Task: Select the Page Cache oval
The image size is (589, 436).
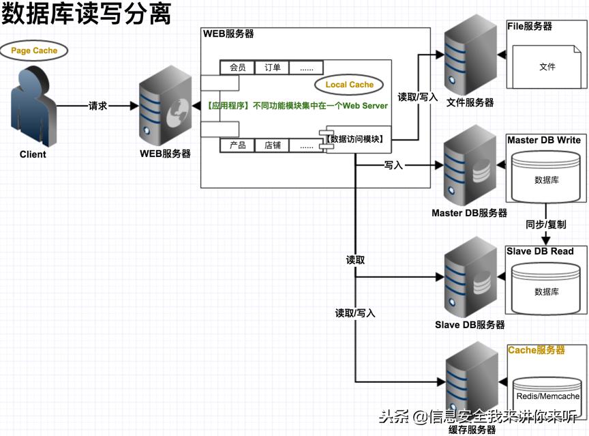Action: pyautogui.click(x=34, y=50)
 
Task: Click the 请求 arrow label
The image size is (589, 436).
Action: pyautogui.click(x=98, y=106)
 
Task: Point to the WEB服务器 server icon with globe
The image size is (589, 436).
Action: pyautogui.click(x=164, y=108)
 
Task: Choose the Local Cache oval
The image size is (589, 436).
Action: pyautogui.click(x=349, y=85)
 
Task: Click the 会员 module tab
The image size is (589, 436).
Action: pyautogui.click(x=237, y=68)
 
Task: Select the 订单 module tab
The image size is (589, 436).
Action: pyautogui.click(x=272, y=68)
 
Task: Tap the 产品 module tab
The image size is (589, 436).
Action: pyautogui.click(x=237, y=145)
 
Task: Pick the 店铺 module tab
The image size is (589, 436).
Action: pyautogui.click(x=272, y=145)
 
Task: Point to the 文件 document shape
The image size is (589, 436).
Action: pyautogui.click(x=547, y=66)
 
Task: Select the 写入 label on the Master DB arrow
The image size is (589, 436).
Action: pyautogui.click(x=394, y=165)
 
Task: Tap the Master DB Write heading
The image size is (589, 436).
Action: pyautogui.click(x=544, y=140)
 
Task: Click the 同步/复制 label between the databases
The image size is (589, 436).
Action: pyautogui.click(x=545, y=224)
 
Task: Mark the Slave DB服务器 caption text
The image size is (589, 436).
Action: pyautogui.click(x=470, y=325)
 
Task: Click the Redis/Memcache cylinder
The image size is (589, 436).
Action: pyautogui.click(x=547, y=395)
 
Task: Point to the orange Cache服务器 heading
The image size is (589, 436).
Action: pyautogui.click(x=537, y=350)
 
